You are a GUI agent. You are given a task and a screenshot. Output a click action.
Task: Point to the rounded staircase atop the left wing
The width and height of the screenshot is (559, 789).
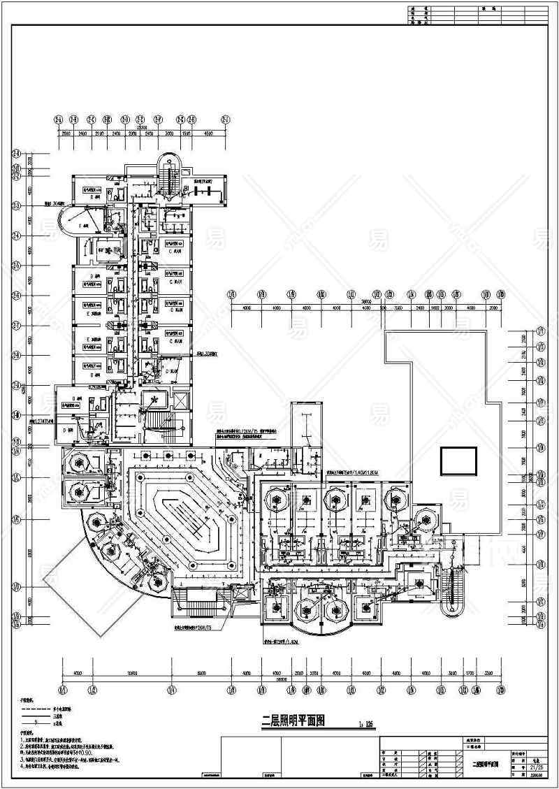[x=169, y=170]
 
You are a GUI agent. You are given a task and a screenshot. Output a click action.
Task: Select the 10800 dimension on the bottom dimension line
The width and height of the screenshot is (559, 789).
[x=131, y=673]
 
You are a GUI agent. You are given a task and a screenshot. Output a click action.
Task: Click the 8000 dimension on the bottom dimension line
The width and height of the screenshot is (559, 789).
[x=201, y=673]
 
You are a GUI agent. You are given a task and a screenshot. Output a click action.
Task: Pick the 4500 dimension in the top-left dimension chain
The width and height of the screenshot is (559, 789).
[x=208, y=133]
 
